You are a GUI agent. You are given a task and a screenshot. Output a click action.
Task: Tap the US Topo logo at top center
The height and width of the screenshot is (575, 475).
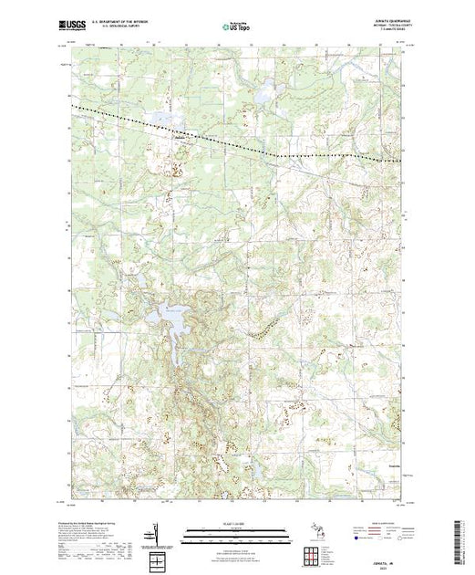point(235,27)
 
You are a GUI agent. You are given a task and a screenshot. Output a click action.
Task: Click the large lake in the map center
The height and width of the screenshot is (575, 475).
point(170,319)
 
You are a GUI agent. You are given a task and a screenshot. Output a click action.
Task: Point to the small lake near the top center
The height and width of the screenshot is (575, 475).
point(263,92)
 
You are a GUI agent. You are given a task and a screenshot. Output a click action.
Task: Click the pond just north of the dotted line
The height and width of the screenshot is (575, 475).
point(164,118)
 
